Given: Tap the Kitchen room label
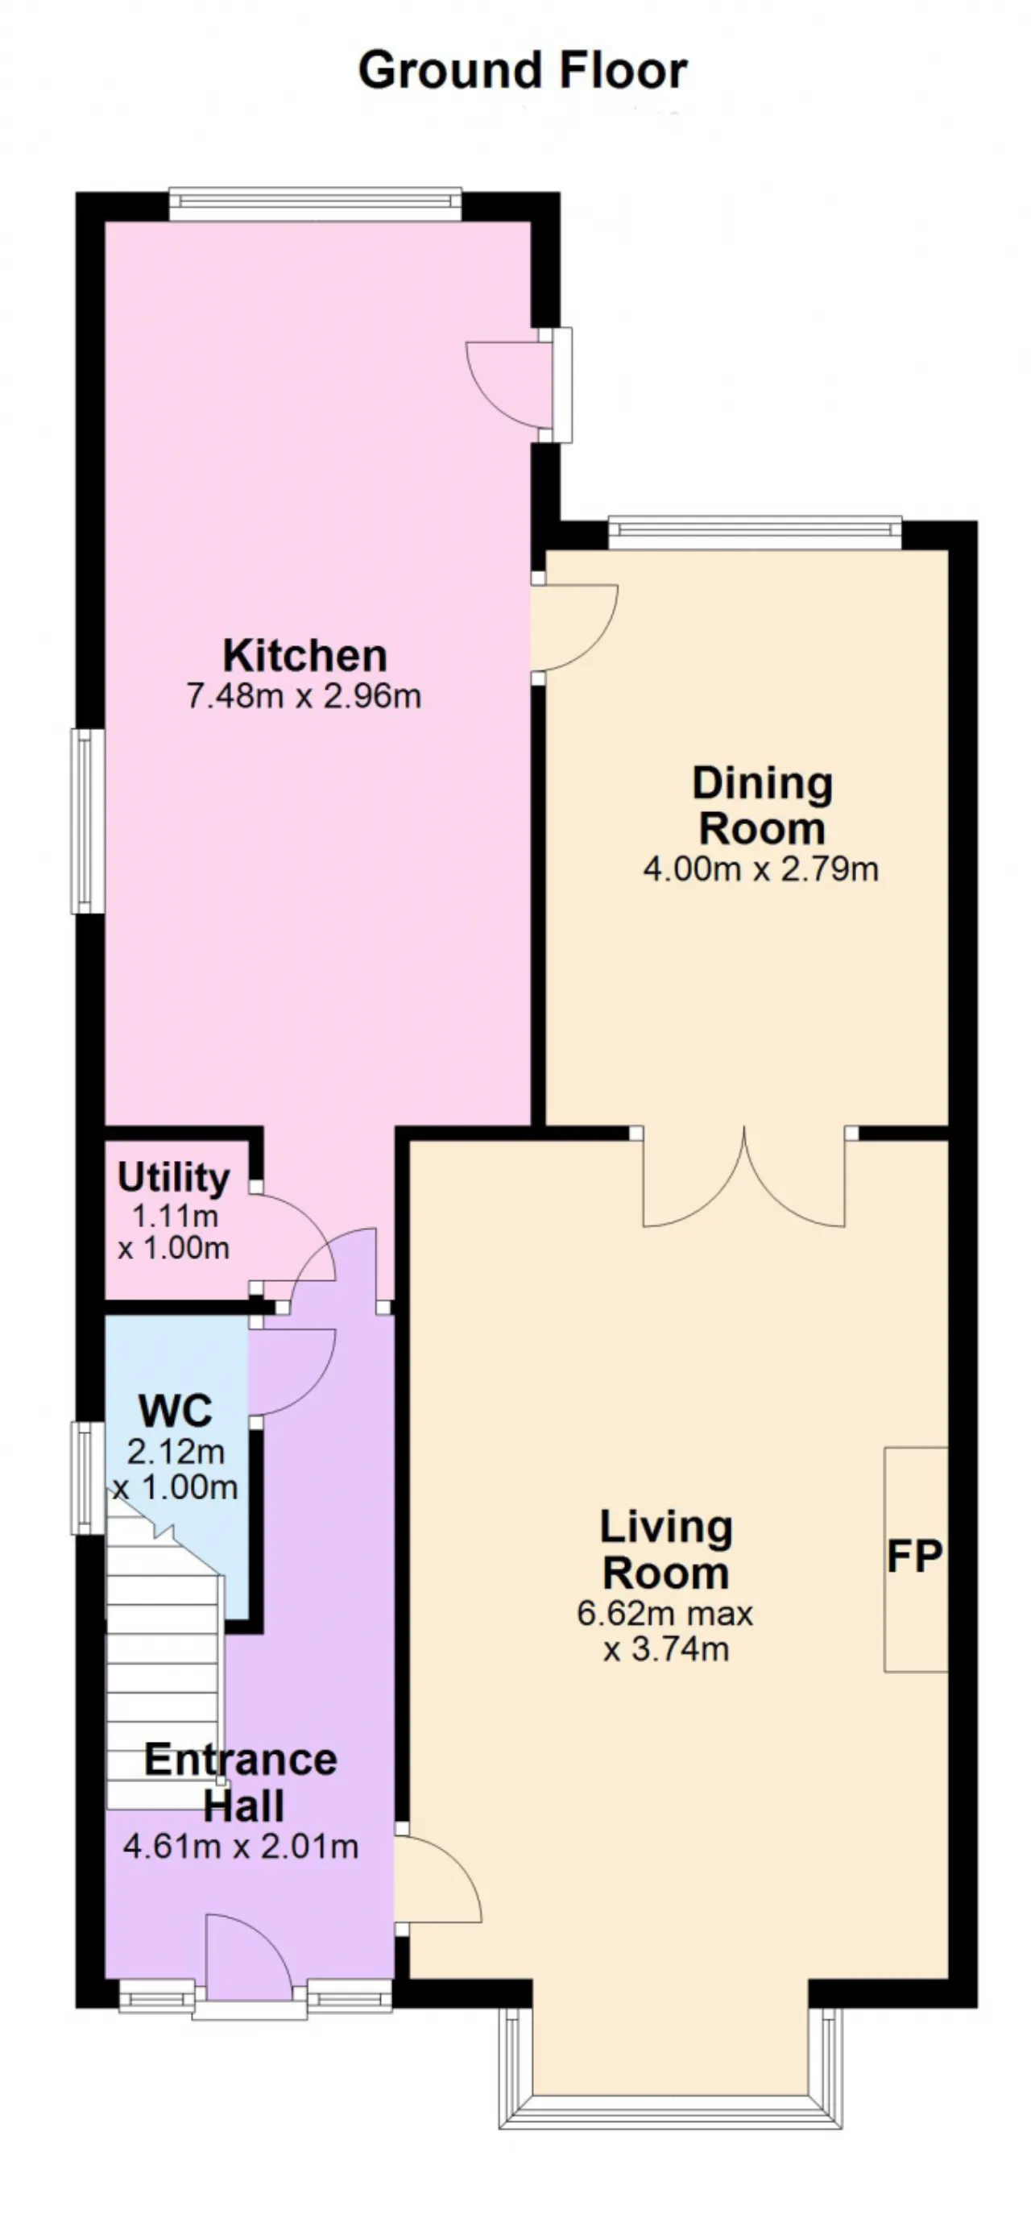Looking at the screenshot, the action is pos(305,656).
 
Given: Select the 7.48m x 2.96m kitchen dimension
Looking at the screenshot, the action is pos(304,696).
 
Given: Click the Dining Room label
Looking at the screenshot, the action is pos(763,806).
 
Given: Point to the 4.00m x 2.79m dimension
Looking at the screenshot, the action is pos(761,869).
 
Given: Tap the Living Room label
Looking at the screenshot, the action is pos(666,1549).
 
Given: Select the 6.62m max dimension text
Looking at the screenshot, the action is pos(665,1613).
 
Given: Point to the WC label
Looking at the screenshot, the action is pos(176,1411).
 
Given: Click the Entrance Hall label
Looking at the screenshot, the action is pos(241,1781).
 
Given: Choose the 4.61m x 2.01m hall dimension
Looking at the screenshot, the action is pos(241,1846).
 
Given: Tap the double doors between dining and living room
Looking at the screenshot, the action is pos(744,1177).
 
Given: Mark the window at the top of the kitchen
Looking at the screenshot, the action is pos(315,203).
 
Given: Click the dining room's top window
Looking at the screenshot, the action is pos(756,532).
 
